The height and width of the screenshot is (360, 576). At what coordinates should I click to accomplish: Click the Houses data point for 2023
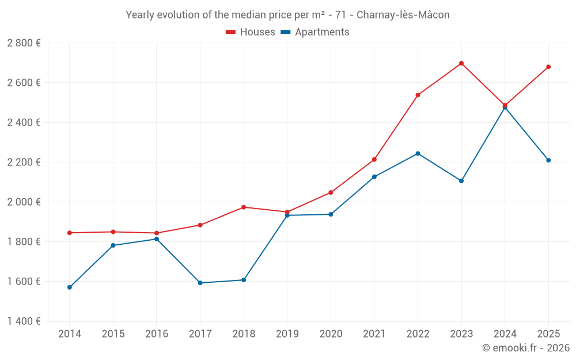click(461, 63)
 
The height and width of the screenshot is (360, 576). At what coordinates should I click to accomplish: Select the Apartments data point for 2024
click(505, 108)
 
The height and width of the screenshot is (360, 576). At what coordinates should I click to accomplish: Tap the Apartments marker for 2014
click(70, 287)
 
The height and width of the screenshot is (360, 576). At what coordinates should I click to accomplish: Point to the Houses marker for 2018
click(244, 207)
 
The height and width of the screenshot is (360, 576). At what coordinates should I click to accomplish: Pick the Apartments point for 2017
click(200, 283)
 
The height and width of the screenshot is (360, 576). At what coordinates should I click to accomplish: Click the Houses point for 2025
click(548, 67)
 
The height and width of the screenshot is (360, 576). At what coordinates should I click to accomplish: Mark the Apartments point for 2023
click(461, 181)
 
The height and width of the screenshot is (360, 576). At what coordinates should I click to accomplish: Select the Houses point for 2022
click(418, 95)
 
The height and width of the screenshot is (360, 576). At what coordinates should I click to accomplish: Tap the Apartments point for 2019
click(287, 215)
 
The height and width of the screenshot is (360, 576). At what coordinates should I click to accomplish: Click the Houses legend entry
click(251, 32)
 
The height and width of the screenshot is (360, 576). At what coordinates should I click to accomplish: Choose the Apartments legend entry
click(315, 32)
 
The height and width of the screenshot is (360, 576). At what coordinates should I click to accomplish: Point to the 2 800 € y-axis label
click(24, 43)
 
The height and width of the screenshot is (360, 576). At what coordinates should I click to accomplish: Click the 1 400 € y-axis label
click(24, 321)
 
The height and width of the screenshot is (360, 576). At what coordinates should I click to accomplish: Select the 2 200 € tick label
click(24, 162)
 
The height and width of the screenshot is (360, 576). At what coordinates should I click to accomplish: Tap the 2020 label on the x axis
click(331, 334)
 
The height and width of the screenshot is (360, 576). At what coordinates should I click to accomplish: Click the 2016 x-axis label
click(157, 334)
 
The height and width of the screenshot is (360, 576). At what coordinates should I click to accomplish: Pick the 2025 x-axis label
click(548, 334)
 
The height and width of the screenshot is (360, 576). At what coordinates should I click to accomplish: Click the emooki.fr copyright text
click(525, 348)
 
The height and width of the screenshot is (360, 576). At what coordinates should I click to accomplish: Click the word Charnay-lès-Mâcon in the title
click(403, 15)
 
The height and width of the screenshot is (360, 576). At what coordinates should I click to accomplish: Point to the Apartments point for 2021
click(374, 177)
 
